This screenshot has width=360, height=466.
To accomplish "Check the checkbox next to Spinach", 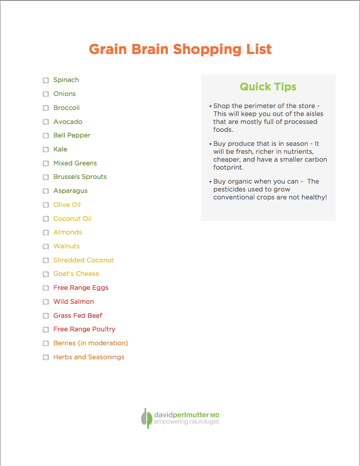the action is tap(46, 80).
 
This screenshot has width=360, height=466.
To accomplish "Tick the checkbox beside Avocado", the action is tap(46, 122).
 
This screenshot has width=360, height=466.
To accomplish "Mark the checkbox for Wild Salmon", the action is tap(46, 302).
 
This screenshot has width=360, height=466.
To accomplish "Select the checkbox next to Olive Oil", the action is tap(46, 205).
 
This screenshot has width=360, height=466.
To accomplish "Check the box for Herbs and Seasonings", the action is tap(46, 357).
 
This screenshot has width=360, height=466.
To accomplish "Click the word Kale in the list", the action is tap(60, 149).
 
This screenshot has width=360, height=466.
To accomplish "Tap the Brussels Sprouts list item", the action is tap(80, 177).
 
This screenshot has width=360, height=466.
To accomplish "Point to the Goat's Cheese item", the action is tap(76, 274).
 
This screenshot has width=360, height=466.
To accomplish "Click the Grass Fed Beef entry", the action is tap(77, 315).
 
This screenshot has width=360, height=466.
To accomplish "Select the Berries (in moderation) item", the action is tap(90, 343).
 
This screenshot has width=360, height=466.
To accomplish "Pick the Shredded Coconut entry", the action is tap(83, 260).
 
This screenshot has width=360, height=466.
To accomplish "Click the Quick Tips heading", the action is tap(268, 87).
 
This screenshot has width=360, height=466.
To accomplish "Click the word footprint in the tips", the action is tap(229, 167).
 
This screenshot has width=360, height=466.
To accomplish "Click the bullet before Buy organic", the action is tap(211, 182).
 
